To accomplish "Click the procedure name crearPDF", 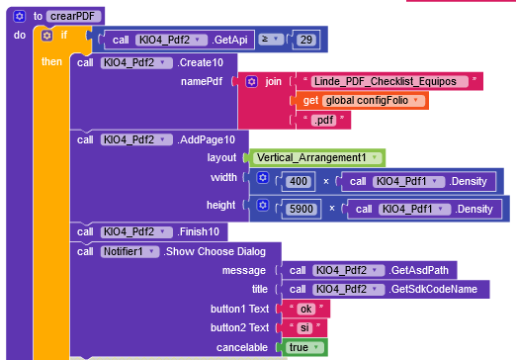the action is (73, 16).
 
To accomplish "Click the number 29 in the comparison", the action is (306, 40).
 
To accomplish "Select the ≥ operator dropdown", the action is (271, 40).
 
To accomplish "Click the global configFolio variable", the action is (372, 100).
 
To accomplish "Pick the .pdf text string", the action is (323, 120).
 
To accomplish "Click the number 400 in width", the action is (299, 181).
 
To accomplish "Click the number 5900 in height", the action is (301, 209).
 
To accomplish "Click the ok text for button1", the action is (305, 309).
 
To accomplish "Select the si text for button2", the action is (304, 327).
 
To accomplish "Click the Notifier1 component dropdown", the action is (129, 251).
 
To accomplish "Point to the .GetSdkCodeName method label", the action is (433, 289).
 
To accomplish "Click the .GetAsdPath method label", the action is (418, 270).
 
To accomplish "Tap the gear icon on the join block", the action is (252, 81).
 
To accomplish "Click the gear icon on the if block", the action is (46, 35).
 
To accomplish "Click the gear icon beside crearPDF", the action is (19, 16).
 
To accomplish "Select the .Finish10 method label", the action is (198, 231).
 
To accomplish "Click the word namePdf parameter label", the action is (202, 81).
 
